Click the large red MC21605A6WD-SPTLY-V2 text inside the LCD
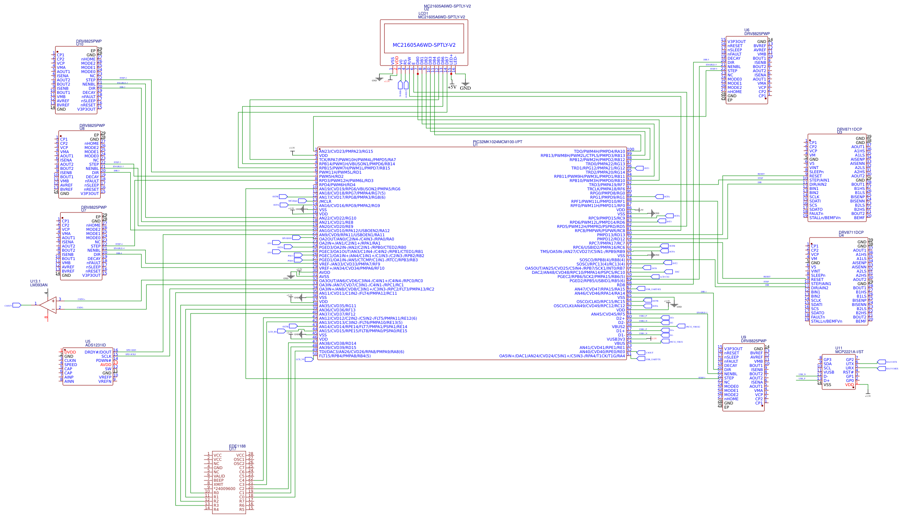point(424,45)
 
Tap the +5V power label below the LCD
point(452,87)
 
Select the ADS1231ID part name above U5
point(96,345)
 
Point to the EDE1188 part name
point(237,446)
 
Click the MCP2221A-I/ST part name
point(849,352)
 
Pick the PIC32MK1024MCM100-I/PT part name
point(497,142)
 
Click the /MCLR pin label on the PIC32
point(325,202)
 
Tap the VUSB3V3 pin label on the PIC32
point(616,339)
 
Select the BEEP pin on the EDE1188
point(218,480)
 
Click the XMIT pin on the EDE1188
point(218,485)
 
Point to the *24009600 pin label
point(224,489)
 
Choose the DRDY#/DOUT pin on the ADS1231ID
point(98,352)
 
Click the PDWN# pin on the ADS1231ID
point(104,361)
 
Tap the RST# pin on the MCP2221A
point(848,372)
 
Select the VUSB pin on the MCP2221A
point(829,372)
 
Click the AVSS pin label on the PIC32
point(324,277)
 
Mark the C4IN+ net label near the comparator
point(81,299)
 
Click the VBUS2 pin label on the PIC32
point(618,327)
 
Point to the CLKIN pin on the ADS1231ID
point(70,361)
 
